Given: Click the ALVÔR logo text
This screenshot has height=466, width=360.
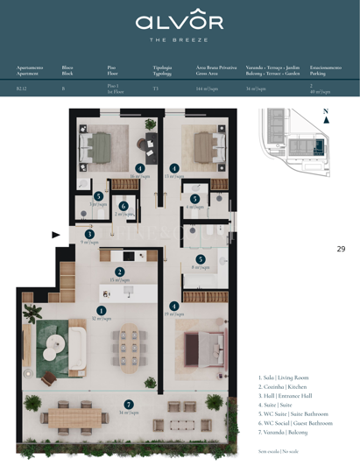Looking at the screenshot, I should [x=179, y=22].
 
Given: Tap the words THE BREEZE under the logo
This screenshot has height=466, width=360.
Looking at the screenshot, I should [x=179, y=40].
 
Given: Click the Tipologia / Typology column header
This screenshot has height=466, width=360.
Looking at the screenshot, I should [x=162, y=70].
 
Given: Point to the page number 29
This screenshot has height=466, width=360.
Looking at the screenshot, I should [x=341, y=249].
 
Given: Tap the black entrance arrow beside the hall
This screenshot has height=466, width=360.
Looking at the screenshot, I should [x=56, y=235].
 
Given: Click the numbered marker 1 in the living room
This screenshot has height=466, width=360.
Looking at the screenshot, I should [x=102, y=310].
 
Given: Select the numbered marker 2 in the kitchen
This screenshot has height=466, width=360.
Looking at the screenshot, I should [x=119, y=272].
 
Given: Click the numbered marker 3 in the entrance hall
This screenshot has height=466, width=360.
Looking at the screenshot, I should [x=89, y=234].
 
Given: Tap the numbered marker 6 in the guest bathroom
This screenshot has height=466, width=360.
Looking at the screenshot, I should [x=124, y=206].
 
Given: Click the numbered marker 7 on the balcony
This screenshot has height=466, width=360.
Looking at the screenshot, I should [x=129, y=404].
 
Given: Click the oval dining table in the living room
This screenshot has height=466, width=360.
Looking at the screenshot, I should [x=131, y=344].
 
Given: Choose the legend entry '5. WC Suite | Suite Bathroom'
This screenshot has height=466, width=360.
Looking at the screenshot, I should [x=293, y=413].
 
